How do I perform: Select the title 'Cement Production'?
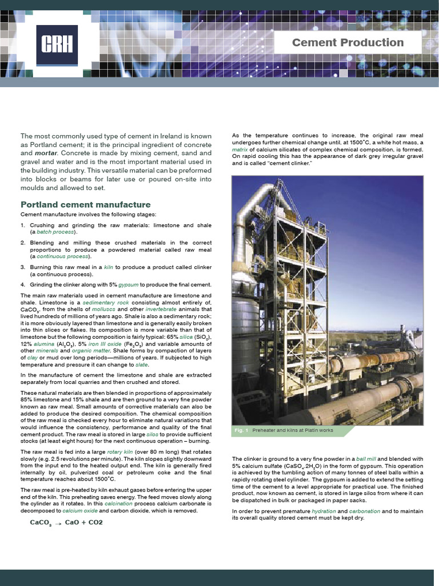(x=348, y=42)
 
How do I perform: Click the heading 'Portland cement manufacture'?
(x=86, y=205)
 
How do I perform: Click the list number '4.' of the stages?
(x=23, y=284)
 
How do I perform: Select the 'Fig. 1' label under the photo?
(x=240, y=430)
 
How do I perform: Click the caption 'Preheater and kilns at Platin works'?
(x=292, y=430)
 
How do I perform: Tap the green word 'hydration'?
(x=324, y=510)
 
